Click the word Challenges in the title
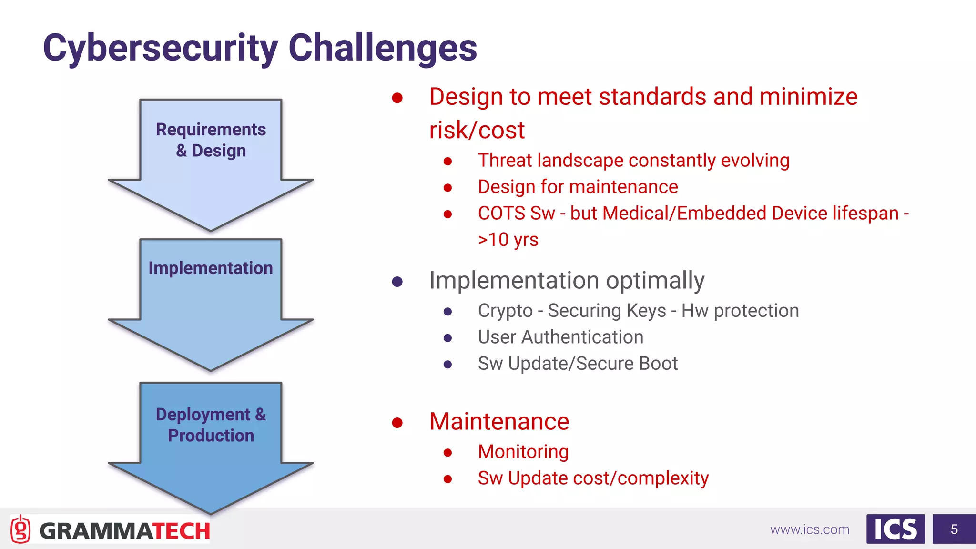tap(383, 49)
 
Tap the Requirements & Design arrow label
tap(211, 140)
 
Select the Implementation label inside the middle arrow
tap(211, 268)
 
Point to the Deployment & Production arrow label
tap(211, 425)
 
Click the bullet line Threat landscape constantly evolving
tap(633, 161)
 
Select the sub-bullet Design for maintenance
tap(578, 187)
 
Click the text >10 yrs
tap(508, 240)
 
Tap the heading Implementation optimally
tap(567, 281)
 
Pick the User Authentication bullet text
tap(560, 337)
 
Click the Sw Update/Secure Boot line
tap(578, 364)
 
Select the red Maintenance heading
tap(499, 422)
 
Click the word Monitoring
tap(523, 452)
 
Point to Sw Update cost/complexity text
tap(593, 478)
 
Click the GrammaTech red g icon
tap(20, 529)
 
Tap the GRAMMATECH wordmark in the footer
tap(124, 531)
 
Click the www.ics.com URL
tap(810, 529)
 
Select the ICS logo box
tap(895, 529)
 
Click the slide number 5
tap(954, 529)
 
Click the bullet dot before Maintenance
tap(397, 423)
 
